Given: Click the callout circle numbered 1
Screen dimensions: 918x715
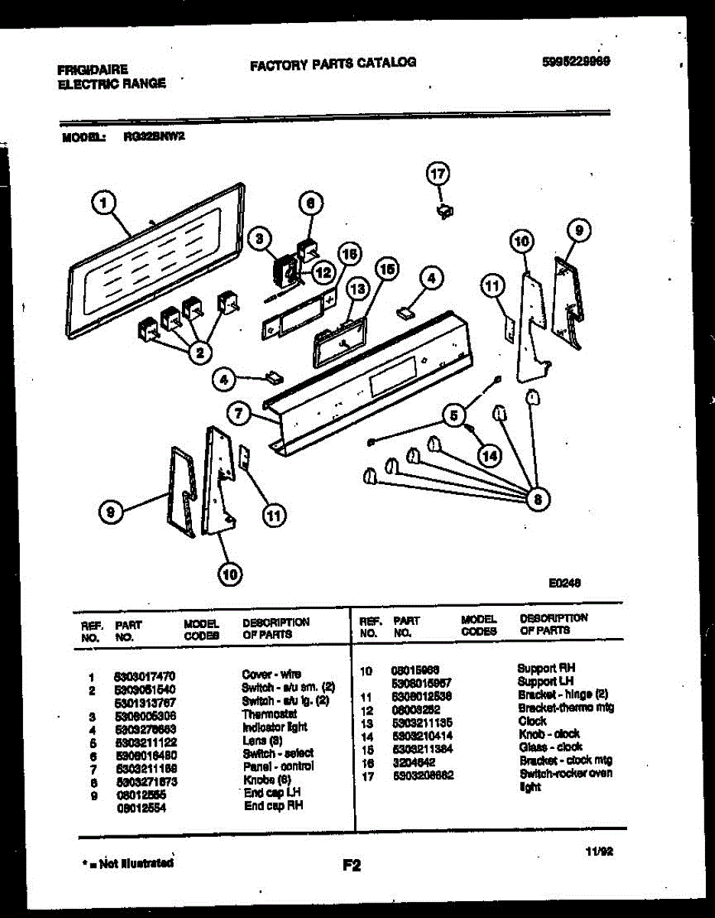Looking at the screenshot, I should (104, 203).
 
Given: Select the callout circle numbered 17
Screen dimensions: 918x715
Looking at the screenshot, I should (437, 175).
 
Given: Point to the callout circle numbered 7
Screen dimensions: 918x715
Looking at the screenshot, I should (239, 414).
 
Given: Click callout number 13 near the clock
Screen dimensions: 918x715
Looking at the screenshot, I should (357, 288).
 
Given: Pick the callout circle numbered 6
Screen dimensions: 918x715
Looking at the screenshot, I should (310, 203).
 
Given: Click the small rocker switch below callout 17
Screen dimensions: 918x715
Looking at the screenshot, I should (441, 210).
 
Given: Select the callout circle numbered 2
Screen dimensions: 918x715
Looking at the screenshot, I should (200, 352).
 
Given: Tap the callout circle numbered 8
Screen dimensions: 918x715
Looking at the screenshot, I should (537, 500).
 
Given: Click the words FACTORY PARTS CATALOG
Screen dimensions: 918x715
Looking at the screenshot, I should (333, 63).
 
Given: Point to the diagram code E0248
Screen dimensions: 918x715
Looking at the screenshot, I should (564, 582).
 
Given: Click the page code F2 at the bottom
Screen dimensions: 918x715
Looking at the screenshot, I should (351, 866).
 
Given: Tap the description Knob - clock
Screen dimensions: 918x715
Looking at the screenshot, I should (548, 734).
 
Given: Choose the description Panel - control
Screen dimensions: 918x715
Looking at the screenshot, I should (278, 766).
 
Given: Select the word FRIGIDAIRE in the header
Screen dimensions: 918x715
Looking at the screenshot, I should (93, 69).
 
